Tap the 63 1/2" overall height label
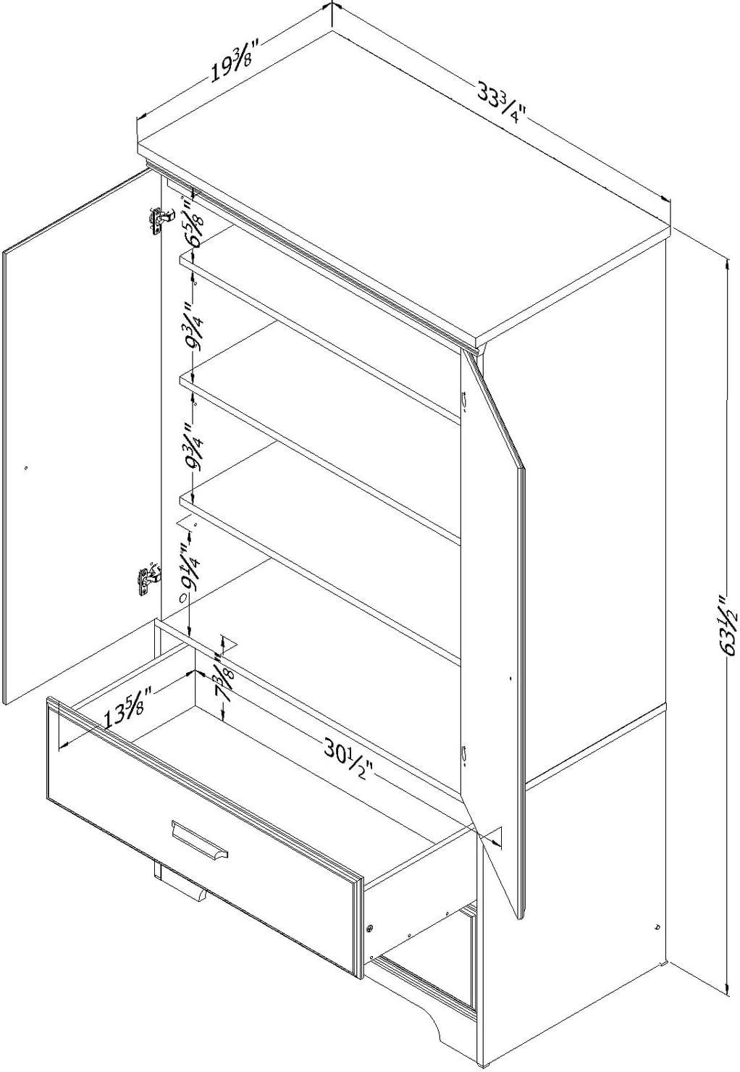coord(726,625)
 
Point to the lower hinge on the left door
coord(147,579)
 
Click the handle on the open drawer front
coord(200,843)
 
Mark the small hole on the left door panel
coord(25,469)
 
